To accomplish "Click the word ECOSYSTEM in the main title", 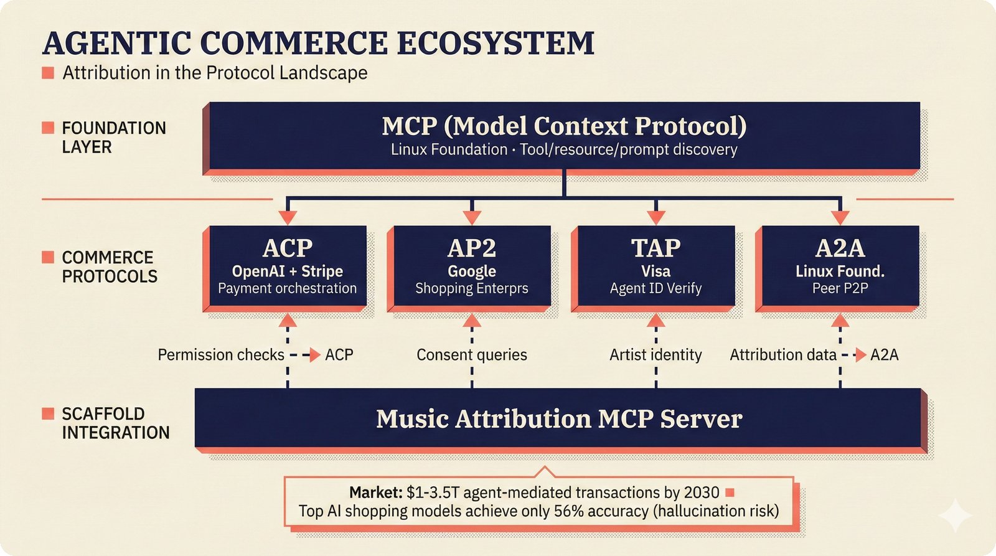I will (x=495, y=44).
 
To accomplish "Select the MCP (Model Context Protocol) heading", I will (x=564, y=126).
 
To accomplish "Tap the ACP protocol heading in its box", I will (x=287, y=248).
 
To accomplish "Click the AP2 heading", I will (x=471, y=248).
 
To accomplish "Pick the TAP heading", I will (x=655, y=248).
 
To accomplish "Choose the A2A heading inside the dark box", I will (x=840, y=248).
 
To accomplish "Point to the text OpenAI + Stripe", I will (x=287, y=271).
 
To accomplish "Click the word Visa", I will (x=655, y=271).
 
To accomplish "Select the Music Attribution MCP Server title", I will (x=559, y=419).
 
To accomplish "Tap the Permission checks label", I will (x=221, y=355).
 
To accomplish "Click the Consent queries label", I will (x=471, y=355).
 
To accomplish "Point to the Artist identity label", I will (x=655, y=355).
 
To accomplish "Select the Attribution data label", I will (x=783, y=355).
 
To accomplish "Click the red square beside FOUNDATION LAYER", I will (x=48, y=128).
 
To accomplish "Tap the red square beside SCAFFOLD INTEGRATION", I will (x=48, y=413).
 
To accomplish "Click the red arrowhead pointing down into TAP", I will (x=655, y=217).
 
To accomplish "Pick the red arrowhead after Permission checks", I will (x=315, y=355).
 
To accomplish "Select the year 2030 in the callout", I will (x=702, y=492).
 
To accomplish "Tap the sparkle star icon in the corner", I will (x=955, y=516).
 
